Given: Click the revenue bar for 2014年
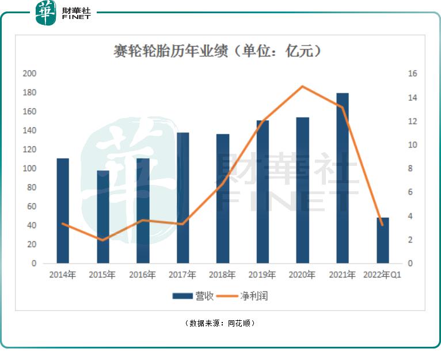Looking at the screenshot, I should [x=63, y=211].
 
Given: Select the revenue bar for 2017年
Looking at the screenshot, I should [x=183, y=198].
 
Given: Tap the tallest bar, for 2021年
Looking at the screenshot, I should [x=343, y=178].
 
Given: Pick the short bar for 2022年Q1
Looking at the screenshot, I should [x=382, y=240].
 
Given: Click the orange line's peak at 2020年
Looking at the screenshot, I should [x=303, y=86].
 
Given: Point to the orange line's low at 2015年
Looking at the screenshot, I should [x=103, y=240].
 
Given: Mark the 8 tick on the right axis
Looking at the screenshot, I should [x=412, y=169].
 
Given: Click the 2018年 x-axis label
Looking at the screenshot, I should [x=222, y=275].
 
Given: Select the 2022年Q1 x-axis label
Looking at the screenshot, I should [x=382, y=275].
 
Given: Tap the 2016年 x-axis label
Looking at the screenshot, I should [x=142, y=275].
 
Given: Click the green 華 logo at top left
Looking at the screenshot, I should [x=45, y=13].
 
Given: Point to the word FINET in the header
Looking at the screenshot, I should [x=76, y=18].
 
